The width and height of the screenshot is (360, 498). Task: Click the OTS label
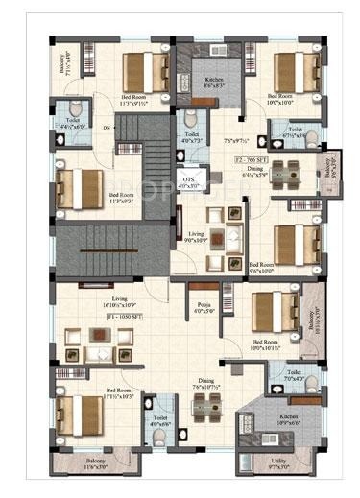pyautogui.click(x=190, y=182)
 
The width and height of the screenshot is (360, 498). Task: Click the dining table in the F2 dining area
pyautogui.click(x=284, y=176)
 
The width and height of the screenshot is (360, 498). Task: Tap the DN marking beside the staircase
pyautogui.click(x=108, y=128)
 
